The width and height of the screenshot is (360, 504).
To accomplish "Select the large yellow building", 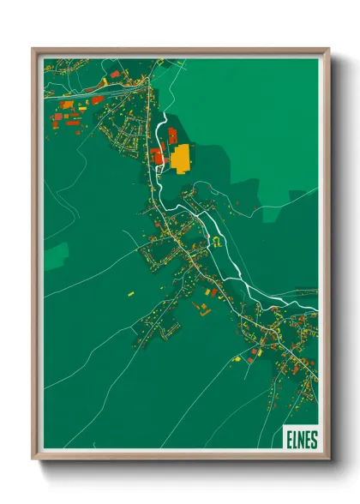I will [x=180, y=158].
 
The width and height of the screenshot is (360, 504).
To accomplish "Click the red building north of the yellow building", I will [x=172, y=135].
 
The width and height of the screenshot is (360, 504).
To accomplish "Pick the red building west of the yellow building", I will [x=156, y=155].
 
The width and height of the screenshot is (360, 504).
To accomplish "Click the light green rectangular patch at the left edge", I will [x=56, y=253].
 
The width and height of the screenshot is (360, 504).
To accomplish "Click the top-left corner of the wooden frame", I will [x=33, y=50].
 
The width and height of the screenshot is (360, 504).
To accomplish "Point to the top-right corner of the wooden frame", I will [x=327, y=50].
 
